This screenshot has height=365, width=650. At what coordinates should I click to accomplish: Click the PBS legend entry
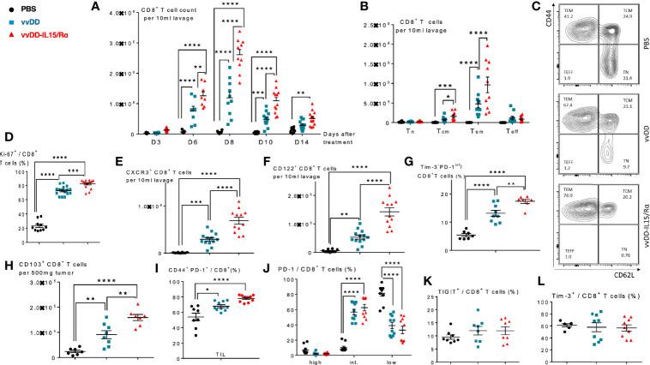[26, 9]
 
